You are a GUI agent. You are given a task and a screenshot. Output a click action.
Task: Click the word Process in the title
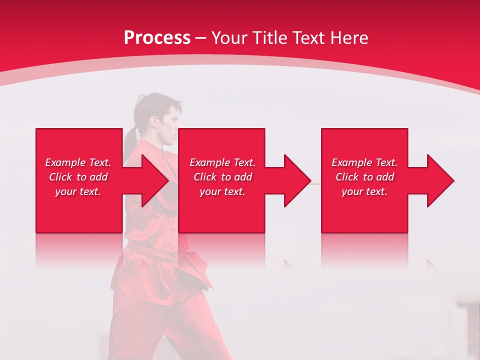point(157,38)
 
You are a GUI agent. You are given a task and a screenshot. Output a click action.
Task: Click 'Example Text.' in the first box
point(78,162)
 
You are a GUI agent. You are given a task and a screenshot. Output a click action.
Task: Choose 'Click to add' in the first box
point(78,177)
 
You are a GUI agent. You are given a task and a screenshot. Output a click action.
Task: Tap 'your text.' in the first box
point(78,191)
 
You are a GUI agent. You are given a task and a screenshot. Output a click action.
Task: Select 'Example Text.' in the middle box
point(222,162)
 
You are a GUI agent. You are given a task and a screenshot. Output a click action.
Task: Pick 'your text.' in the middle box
point(222,191)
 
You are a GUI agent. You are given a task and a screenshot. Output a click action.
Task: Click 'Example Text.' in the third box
point(364,162)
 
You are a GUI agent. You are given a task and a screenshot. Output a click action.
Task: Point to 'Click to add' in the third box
point(364,177)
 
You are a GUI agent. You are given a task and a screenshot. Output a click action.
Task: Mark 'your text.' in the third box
point(364,191)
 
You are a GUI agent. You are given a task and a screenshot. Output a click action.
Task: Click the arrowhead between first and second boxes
point(152,180)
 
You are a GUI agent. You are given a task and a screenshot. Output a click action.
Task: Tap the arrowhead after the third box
point(438,180)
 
